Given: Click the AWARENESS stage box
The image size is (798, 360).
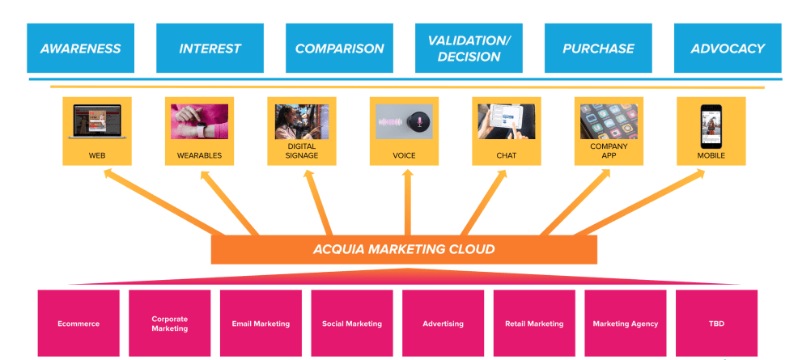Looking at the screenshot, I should point(80,49).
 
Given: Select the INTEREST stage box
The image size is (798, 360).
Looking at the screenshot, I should point(210,49).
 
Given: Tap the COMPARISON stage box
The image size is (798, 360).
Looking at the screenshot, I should point(339,49).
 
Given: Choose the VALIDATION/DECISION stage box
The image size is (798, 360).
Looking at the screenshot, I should point(469,49).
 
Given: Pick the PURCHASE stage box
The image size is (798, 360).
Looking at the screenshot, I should point(598,49).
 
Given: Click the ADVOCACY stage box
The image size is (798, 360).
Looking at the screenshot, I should point(728,49).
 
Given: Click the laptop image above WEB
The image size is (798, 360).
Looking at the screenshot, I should point(96,122).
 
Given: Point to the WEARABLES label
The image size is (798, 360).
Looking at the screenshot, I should point(199,155).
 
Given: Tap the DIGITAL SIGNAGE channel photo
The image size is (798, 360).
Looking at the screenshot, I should point(301,122).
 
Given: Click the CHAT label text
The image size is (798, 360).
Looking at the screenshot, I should point(507,155).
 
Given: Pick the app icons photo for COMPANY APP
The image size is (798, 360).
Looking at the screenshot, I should point(609,121).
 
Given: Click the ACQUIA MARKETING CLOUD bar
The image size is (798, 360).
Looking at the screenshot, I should point(404,249).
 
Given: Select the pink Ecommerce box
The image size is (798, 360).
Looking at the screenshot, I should point(79,324).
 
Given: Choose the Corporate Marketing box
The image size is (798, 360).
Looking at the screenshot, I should point(170,324).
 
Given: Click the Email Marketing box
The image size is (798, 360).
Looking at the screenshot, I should point(261,324).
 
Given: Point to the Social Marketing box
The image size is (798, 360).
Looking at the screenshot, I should point(352,324).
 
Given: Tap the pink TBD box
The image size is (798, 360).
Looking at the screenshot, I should point(716,324).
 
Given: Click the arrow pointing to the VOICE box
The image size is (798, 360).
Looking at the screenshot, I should point(407,202).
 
